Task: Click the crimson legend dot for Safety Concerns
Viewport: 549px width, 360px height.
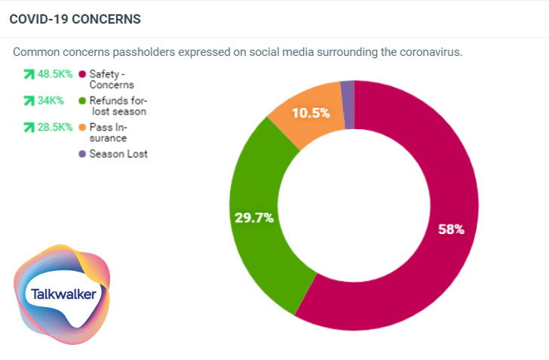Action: (x=81, y=75)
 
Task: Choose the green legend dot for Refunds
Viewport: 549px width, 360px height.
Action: (x=81, y=100)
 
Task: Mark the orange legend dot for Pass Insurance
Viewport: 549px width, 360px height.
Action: (x=81, y=127)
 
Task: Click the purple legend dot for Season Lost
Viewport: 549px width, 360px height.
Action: (x=81, y=154)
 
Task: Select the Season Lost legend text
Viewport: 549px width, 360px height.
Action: (x=118, y=154)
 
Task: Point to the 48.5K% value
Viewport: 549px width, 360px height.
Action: (x=55, y=75)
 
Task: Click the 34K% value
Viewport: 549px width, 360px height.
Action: (x=50, y=100)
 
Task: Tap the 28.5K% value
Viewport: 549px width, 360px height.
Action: (x=55, y=127)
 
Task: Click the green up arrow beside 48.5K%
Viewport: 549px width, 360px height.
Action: (x=29, y=75)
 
